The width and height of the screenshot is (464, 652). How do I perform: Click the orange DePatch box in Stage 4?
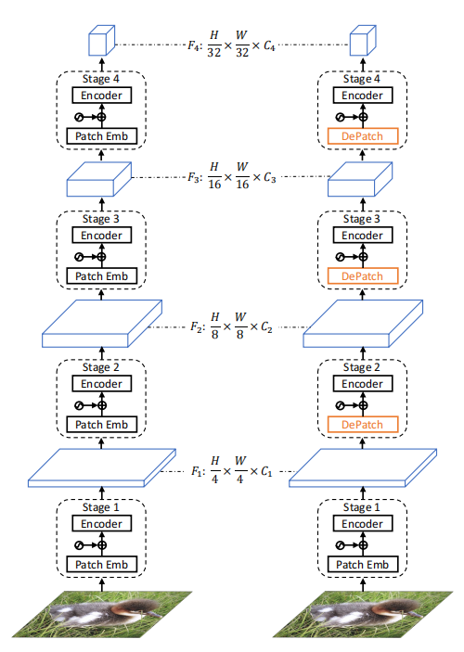(x=363, y=136)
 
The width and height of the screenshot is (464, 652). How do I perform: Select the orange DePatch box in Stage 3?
(x=363, y=276)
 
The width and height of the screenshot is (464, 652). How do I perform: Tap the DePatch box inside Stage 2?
(x=363, y=424)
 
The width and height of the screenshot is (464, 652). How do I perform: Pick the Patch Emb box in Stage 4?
(x=102, y=136)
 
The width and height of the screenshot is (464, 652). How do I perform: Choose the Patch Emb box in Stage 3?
(x=102, y=276)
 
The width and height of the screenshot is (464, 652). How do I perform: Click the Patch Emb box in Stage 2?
(x=102, y=424)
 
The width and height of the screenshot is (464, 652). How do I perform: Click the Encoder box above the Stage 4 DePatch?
(x=363, y=96)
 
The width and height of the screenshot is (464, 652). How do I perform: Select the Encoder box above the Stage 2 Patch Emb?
(x=102, y=383)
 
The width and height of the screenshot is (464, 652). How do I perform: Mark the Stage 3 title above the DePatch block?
(x=363, y=220)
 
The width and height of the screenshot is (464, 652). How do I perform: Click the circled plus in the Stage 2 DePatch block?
(x=363, y=403)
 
